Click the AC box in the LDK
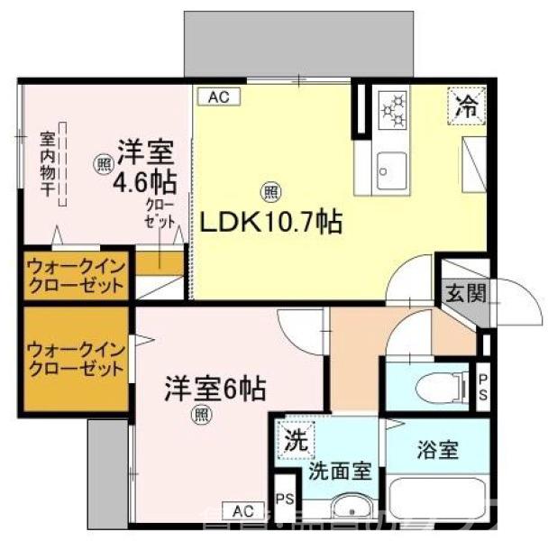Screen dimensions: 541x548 coord(219,96)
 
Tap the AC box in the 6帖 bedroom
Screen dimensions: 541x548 coord(242,510)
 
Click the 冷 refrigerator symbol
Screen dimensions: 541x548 coord(467,105)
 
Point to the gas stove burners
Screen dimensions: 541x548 coord(394,107)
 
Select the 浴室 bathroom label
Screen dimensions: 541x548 coord(436,448)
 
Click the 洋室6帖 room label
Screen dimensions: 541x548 coord(215,390)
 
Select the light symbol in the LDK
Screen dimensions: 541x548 coord(269,191)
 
